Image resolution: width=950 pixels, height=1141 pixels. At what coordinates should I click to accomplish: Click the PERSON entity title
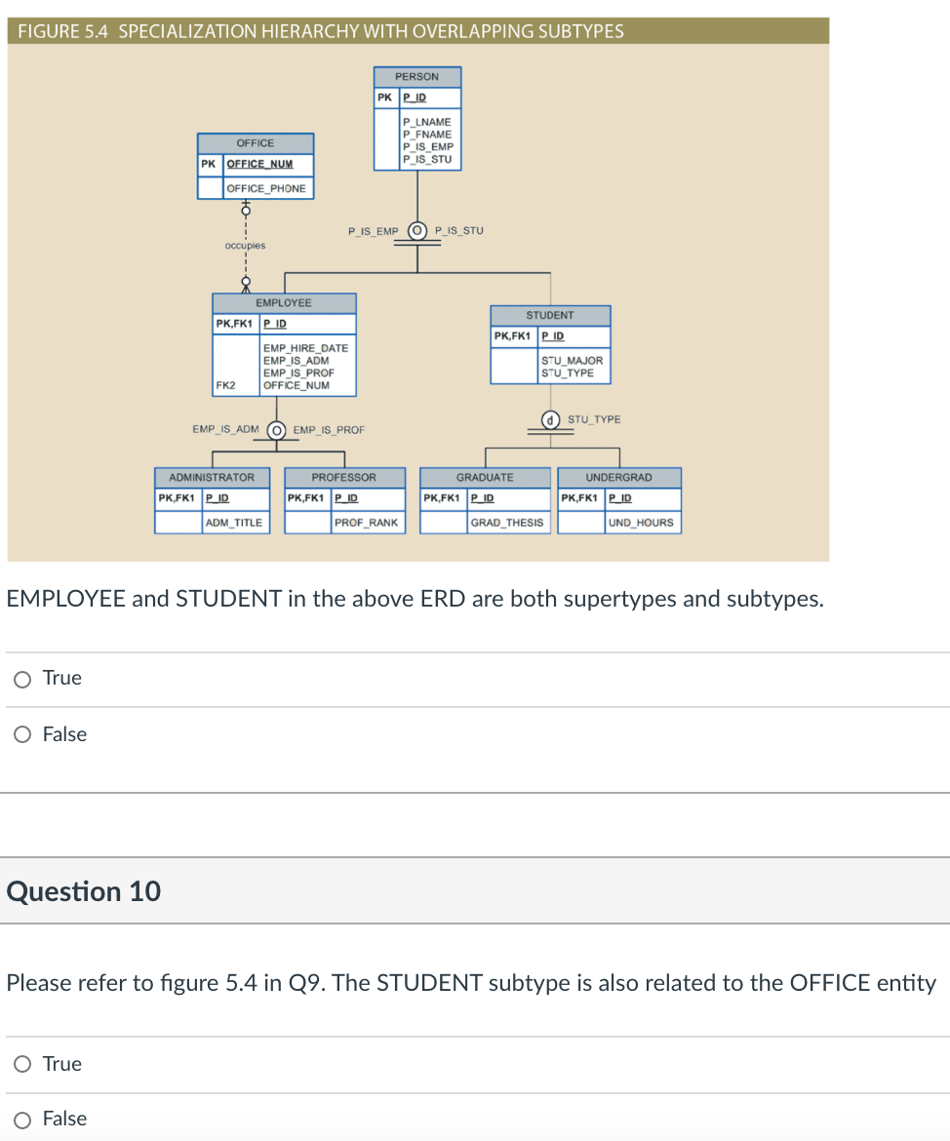(416, 76)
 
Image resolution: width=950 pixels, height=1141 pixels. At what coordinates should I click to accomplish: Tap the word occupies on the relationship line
(245, 246)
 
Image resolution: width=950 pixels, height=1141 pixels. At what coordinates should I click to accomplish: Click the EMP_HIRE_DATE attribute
(305, 348)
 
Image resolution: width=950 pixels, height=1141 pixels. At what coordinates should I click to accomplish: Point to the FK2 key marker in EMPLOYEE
(225, 385)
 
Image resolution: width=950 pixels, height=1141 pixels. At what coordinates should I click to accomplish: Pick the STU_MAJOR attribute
(572, 361)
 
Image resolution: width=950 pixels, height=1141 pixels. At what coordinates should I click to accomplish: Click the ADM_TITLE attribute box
(233, 523)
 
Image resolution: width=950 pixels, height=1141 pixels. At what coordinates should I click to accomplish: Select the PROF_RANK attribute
(366, 523)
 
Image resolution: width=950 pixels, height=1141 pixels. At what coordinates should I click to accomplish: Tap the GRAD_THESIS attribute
(507, 523)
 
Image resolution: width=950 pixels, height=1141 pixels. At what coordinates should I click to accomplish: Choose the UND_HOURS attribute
(641, 523)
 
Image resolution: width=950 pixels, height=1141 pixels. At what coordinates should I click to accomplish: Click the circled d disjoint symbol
(551, 420)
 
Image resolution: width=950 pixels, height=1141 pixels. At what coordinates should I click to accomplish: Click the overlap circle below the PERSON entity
(417, 231)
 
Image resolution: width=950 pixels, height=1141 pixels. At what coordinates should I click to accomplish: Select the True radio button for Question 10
(21, 1064)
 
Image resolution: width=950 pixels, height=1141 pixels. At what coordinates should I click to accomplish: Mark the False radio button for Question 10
(21, 1119)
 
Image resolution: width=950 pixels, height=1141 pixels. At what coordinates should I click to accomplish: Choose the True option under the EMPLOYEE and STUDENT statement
(21, 678)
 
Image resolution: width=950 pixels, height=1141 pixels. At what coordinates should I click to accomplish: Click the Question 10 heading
(84, 891)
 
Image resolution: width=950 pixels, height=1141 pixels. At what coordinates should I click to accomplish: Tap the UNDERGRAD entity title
(618, 477)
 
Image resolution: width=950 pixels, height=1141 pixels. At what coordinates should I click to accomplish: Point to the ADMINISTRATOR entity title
(212, 477)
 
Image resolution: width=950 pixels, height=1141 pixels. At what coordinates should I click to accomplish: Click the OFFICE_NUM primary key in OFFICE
(259, 164)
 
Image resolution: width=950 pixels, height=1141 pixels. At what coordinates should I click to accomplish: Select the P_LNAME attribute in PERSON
(427, 122)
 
